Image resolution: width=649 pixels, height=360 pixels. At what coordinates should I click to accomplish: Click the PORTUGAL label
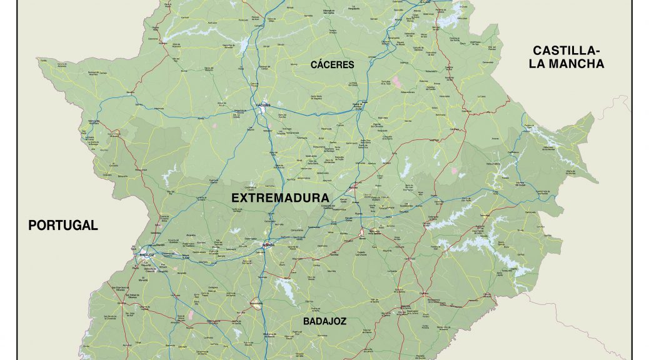pyautogui.click(x=63, y=226)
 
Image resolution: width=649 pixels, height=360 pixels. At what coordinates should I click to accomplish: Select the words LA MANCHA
pyautogui.click(x=569, y=63)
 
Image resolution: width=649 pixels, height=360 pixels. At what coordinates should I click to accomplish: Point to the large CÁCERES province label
pyautogui.click(x=332, y=64)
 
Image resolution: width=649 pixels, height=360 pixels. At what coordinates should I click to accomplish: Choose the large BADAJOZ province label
pyautogui.click(x=324, y=321)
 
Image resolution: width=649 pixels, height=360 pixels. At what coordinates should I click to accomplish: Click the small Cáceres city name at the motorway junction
pyautogui.click(x=264, y=105)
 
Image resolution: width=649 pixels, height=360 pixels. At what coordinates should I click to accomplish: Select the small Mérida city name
pyautogui.click(x=268, y=245)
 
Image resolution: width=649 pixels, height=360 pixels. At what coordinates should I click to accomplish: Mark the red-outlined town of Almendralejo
pyautogui.click(x=255, y=304)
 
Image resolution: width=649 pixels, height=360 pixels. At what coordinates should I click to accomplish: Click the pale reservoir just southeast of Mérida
pyautogui.click(x=286, y=289)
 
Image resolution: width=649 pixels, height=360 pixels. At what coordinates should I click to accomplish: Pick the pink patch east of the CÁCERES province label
pyautogui.click(x=396, y=81)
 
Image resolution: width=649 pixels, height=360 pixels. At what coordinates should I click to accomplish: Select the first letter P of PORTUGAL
pyautogui.click(x=33, y=226)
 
